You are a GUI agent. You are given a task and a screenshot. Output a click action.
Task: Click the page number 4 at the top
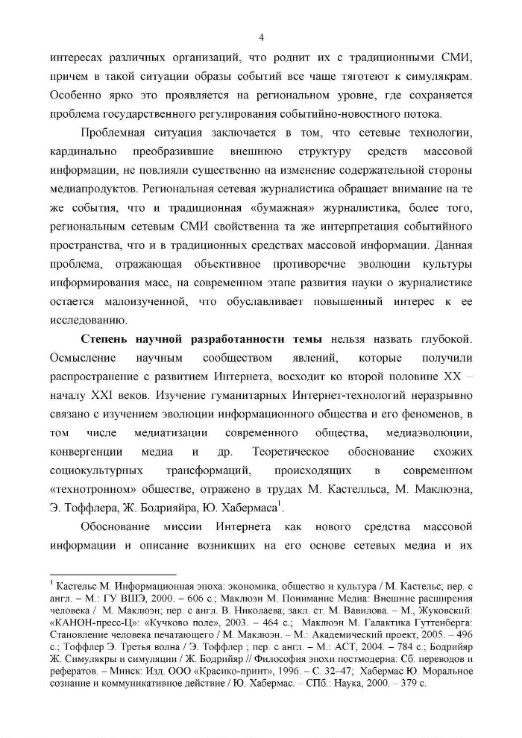coord(261,38)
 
